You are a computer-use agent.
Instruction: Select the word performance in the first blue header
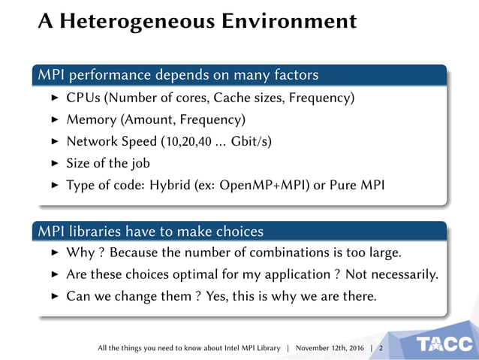112,75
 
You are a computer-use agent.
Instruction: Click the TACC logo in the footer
446,345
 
